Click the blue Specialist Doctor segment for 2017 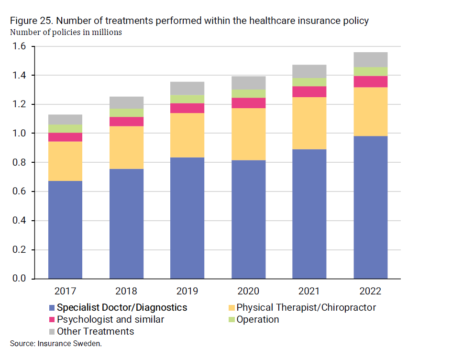click(65, 230)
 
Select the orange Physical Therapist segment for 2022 click(370, 112)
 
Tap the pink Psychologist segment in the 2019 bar click(187, 108)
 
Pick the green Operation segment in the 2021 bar click(309, 82)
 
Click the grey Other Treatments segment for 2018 click(126, 102)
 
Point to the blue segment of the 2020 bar click(248, 219)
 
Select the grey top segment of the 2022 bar click(370, 59)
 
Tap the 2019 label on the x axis click(187, 291)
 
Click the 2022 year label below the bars click(370, 291)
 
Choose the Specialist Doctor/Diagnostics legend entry click(122, 307)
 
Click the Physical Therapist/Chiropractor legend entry click(306, 307)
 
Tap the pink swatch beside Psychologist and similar click(52, 320)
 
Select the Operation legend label click(257, 319)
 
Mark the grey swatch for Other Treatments click(52, 332)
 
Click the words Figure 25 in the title click(28, 22)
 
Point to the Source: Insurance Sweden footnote click(56, 343)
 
